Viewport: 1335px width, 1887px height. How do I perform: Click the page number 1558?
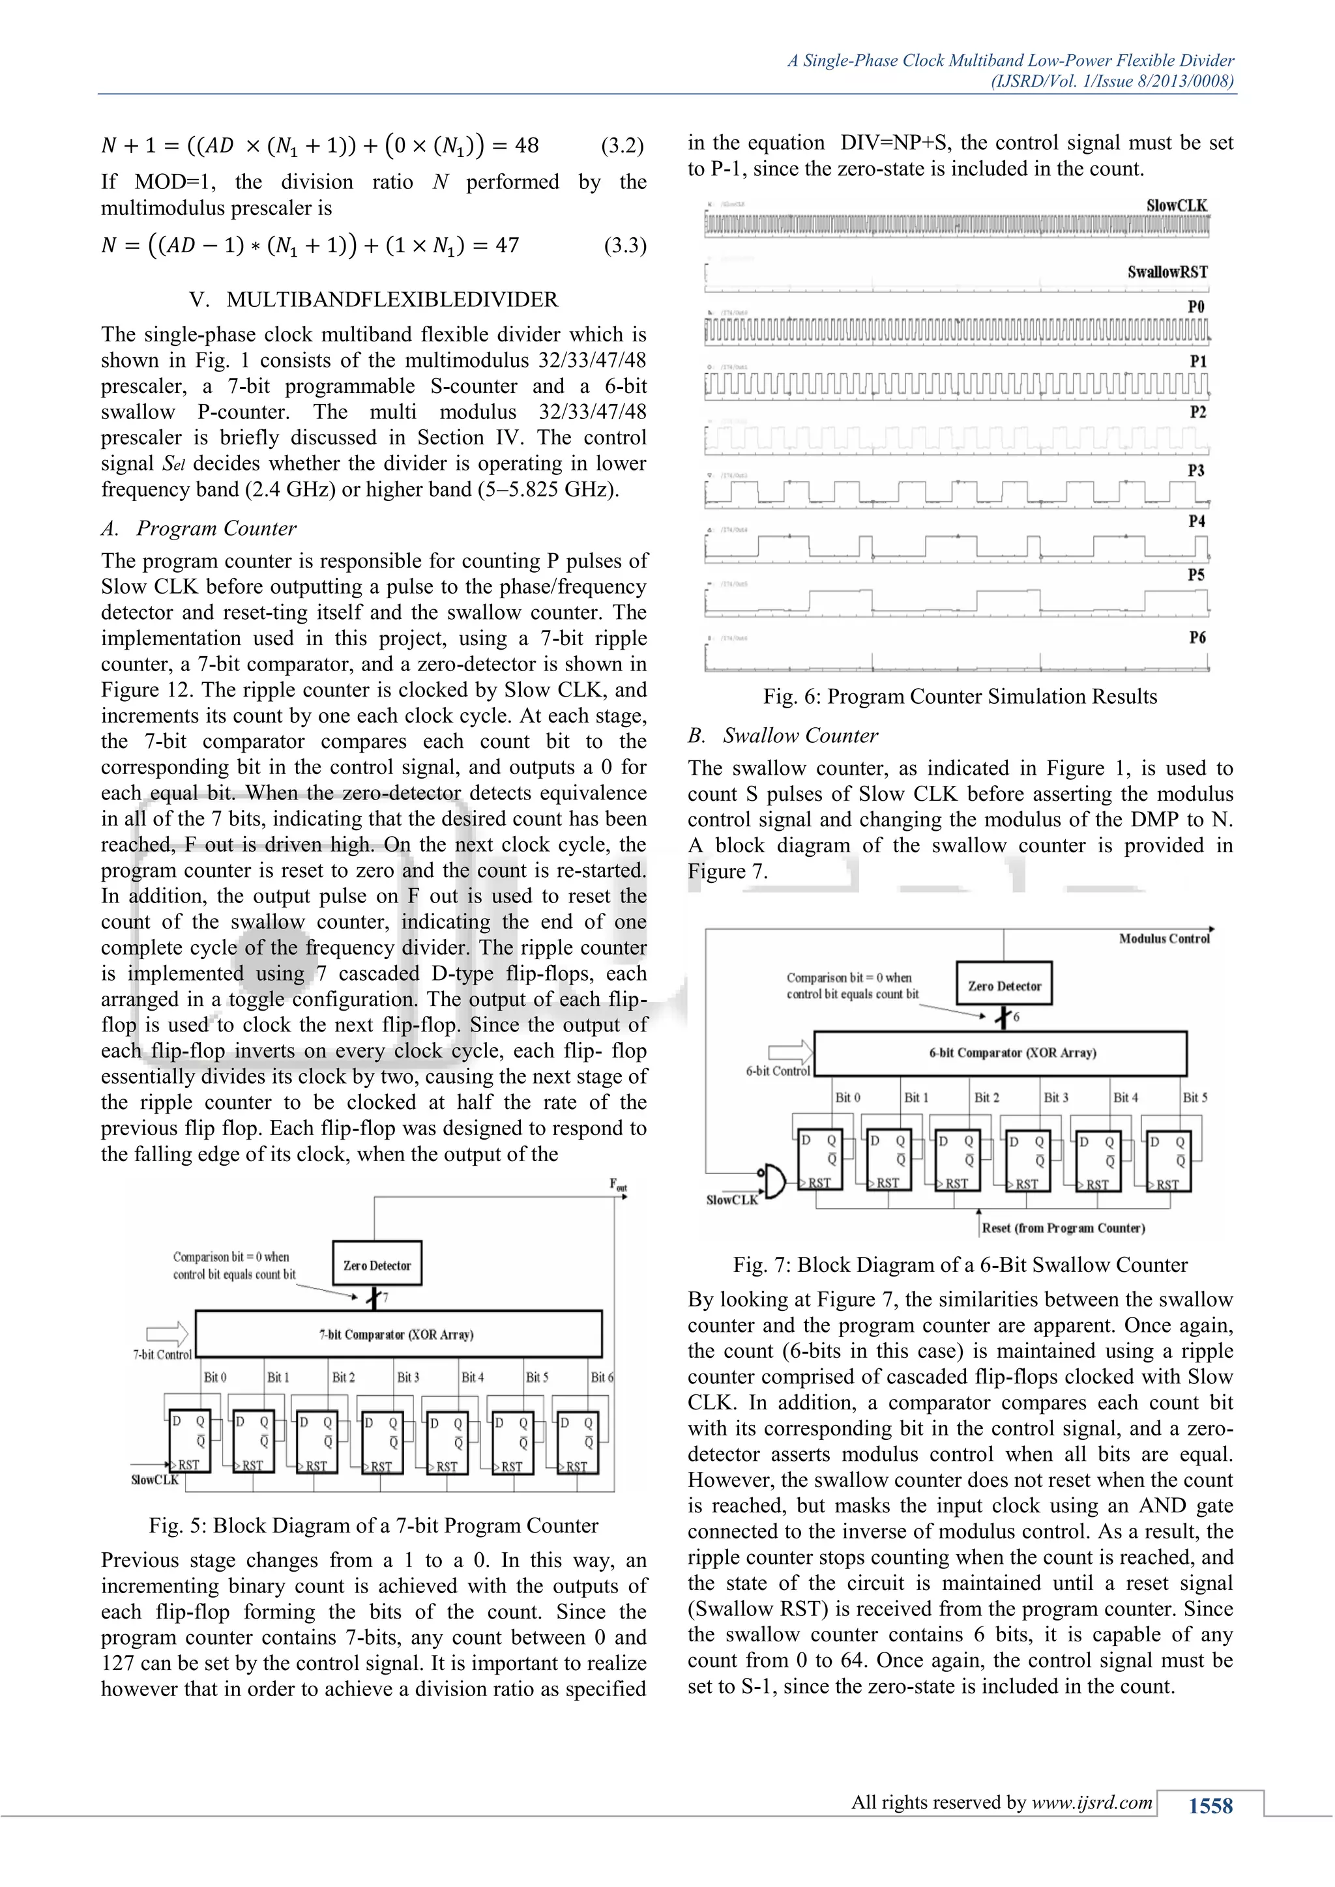pyautogui.click(x=1210, y=1806)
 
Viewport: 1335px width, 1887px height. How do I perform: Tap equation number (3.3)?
pyautogui.click(x=624, y=246)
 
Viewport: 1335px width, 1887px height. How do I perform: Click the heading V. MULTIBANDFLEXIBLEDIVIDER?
pyautogui.click(x=374, y=299)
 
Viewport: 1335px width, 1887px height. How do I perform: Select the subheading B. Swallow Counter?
pyautogui.click(x=783, y=736)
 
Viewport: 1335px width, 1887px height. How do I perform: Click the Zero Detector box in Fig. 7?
pyautogui.click(x=1004, y=985)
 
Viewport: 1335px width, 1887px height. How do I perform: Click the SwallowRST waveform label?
pyautogui.click(x=1166, y=272)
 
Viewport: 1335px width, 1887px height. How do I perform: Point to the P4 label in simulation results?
pyautogui.click(x=1196, y=521)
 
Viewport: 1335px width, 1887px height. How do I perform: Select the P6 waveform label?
pyautogui.click(x=1197, y=637)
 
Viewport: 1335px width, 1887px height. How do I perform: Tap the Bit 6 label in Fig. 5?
pyautogui.click(x=602, y=1377)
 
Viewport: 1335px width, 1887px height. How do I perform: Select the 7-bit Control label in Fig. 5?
pyautogui.click(x=162, y=1355)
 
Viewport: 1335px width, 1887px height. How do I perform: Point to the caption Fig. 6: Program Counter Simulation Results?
pyautogui.click(x=960, y=697)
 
